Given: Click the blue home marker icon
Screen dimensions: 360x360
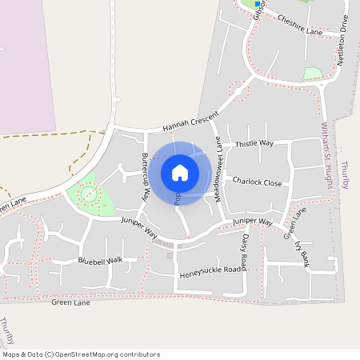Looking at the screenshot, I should pos(180,173).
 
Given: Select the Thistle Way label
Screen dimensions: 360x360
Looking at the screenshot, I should pos(254,143).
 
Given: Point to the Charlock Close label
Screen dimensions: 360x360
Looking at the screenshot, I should pos(258,182).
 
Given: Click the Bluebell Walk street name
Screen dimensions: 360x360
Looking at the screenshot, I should pos(101,261).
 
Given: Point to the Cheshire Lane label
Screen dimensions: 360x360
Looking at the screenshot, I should pos(299,27).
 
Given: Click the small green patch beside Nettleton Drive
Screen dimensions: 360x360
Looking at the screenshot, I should pos(313,74).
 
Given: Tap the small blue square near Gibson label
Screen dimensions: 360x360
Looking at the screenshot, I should pos(257,4).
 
